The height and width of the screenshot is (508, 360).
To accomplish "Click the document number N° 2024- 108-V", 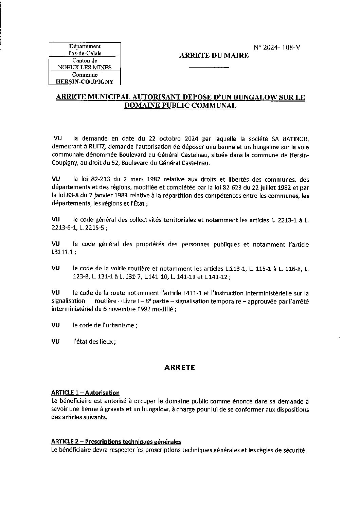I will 276,48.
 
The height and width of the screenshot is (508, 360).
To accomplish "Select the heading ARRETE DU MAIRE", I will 214,56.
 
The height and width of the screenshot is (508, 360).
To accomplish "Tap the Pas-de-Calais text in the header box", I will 85,53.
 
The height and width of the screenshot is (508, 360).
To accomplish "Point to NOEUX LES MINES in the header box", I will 85,67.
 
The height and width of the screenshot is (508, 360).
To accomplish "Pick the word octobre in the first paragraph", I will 164,139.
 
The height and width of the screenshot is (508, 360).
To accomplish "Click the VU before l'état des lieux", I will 55,342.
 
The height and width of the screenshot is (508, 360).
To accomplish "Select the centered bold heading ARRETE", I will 180,367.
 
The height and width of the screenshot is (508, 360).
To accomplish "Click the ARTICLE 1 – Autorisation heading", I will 85,393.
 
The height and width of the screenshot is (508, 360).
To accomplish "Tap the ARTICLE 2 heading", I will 116,442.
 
